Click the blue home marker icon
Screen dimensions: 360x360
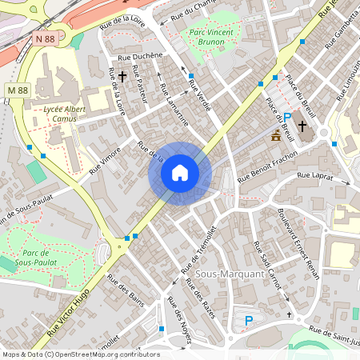point(179,173)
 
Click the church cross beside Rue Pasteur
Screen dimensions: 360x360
point(122,76)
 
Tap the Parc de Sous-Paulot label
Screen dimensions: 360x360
point(34,256)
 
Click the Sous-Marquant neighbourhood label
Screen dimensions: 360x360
point(230,274)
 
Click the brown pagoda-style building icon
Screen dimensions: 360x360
point(276,134)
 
